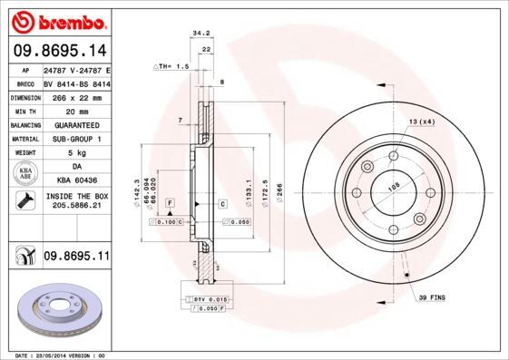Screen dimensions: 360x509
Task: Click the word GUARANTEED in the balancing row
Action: pos(76,124)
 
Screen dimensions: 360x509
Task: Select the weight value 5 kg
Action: pos(76,153)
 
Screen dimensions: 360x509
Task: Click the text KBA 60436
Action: pos(76,181)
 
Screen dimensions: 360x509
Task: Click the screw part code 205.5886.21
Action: pos(76,206)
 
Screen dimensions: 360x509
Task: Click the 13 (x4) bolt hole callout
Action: pos(421,121)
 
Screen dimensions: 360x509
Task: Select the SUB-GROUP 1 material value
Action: pos(76,139)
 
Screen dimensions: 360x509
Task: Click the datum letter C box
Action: pos(222,204)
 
